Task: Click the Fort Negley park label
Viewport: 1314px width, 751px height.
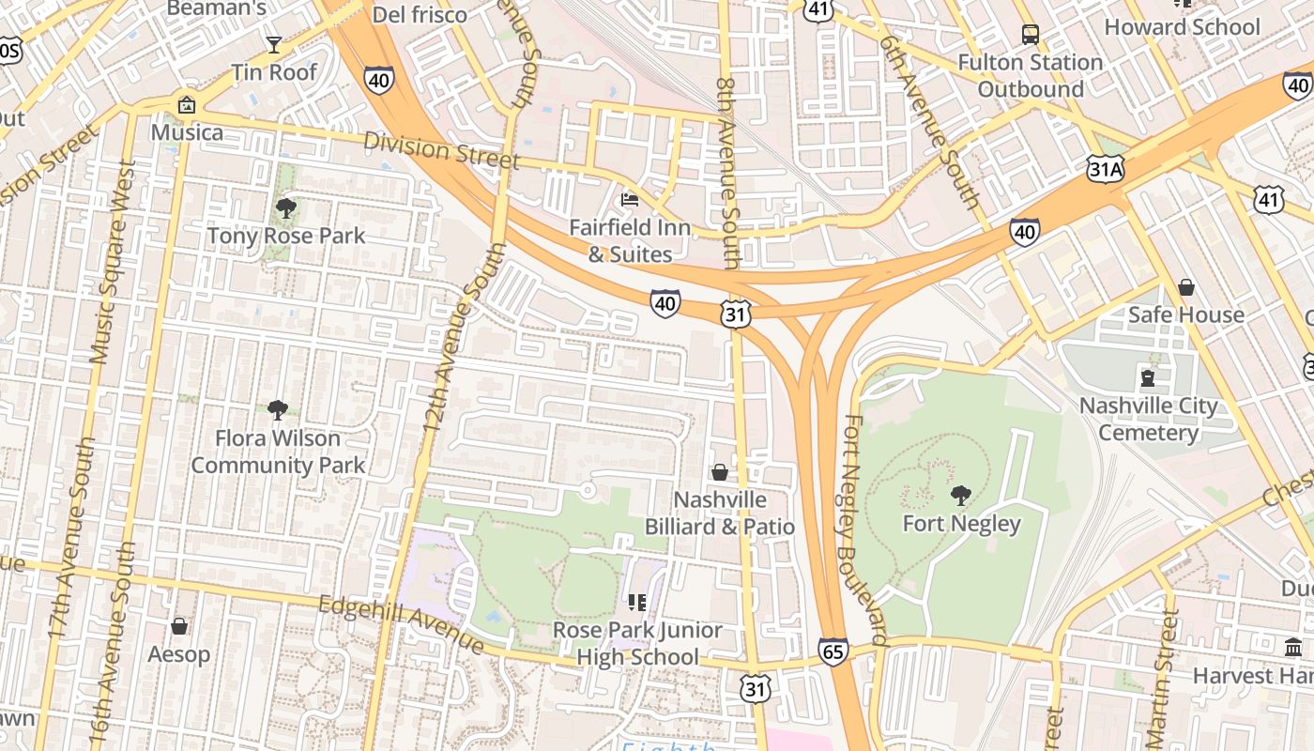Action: (x=961, y=523)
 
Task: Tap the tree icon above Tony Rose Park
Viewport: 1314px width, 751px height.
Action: (x=286, y=208)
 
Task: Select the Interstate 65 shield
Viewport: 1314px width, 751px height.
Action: (x=833, y=651)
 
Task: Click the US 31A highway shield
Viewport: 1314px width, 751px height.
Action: (x=1105, y=169)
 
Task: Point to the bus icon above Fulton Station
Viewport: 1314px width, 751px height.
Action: (x=1030, y=36)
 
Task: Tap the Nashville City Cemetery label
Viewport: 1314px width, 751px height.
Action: (x=1148, y=420)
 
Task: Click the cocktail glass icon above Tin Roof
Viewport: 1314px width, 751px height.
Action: (x=273, y=44)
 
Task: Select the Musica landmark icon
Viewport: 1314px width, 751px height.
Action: (x=186, y=105)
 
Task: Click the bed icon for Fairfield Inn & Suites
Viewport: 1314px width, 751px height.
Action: (x=630, y=200)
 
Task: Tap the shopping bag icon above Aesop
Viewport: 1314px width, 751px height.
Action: (x=179, y=625)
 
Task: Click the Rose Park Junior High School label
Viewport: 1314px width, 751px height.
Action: (x=637, y=643)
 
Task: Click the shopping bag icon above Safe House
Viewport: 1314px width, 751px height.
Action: (x=1186, y=287)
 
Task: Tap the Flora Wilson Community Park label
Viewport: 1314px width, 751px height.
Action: (x=278, y=452)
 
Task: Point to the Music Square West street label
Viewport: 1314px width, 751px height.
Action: (x=114, y=261)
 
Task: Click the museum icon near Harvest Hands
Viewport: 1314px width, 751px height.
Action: (x=1293, y=648)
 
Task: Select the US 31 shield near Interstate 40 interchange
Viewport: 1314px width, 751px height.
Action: (x=736, y=314)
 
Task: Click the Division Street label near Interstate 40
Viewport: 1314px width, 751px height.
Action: (x=441, y=150)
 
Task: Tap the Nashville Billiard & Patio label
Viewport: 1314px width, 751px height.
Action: (x=719, y=513)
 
